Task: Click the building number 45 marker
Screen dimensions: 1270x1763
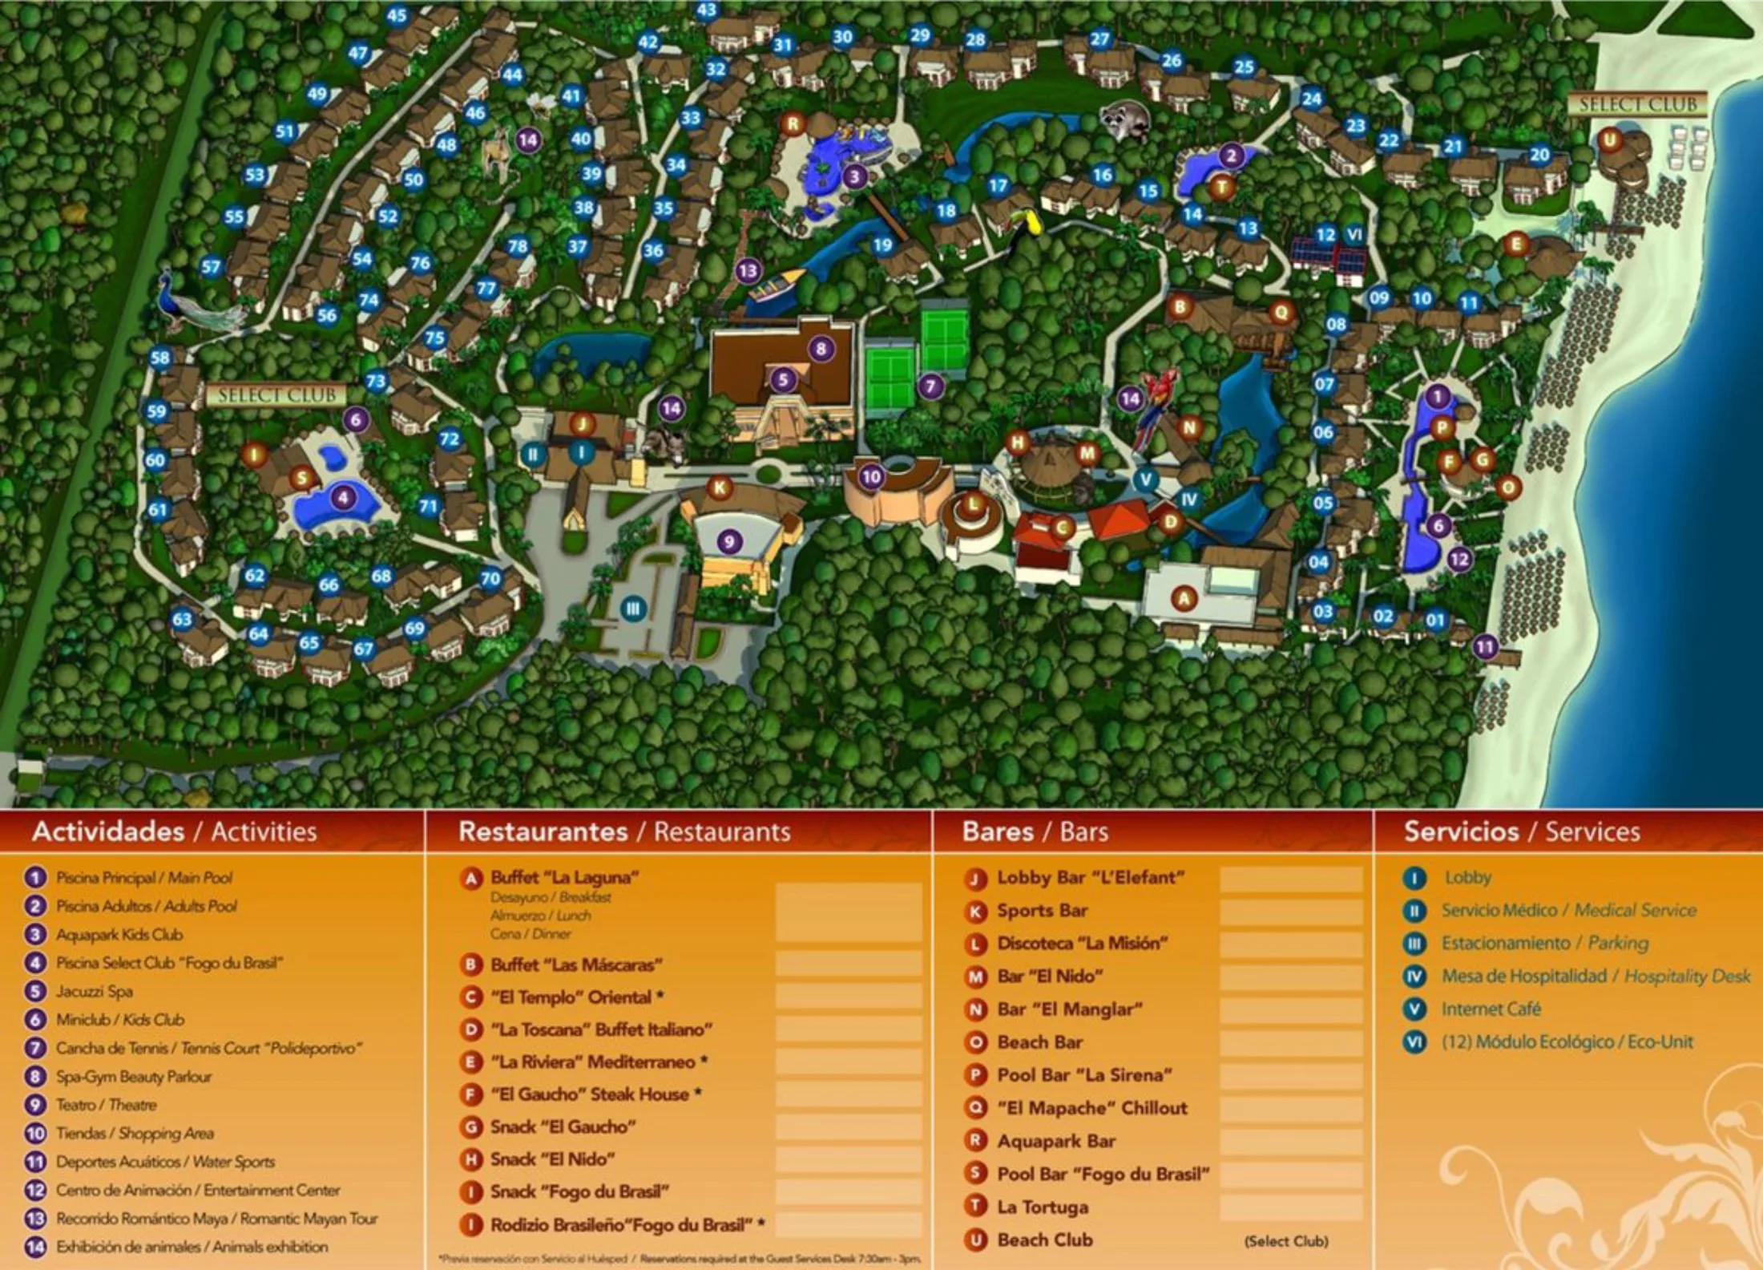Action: coord(397,15)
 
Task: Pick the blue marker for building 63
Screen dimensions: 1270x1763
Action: coord(182,619)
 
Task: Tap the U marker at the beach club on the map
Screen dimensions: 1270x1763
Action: coord(1609,140)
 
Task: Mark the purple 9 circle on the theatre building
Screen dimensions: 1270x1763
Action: coord(728,541)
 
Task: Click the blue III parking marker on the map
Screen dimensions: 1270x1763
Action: coord(633,608)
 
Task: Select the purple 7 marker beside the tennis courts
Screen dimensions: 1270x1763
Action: coord(930,386)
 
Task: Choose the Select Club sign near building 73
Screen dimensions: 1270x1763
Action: coord(277,394)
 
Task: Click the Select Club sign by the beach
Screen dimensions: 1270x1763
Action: coord(1637,104)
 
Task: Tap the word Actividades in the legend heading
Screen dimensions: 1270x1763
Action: coord(108,831)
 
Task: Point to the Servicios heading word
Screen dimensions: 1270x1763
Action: coord(1461,831)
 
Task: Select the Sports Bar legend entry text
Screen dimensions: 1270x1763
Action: coord(1042,910)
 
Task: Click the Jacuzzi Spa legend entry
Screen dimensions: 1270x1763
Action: coord(94,991)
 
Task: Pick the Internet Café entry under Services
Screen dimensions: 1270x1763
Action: coord(1491,1009)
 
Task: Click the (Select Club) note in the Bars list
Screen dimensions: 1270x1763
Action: coord(1285,1241)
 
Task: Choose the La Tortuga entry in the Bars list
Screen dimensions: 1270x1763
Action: coord(1043,1207)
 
